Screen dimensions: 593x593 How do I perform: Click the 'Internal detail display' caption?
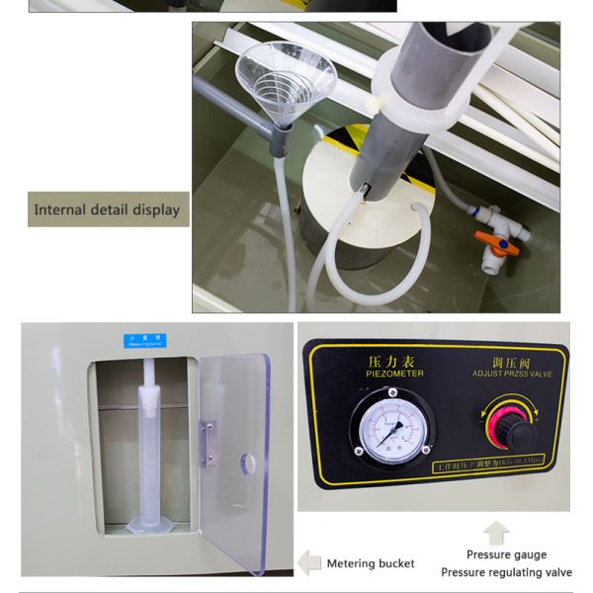(x=107, y=210)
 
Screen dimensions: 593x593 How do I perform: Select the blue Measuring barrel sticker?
(x=145, y=339)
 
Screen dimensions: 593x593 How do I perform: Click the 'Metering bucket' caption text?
(x=371, y=563)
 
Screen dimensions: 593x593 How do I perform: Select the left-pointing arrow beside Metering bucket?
(x=310, y=563)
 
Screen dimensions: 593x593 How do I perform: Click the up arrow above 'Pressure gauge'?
(x=496, y=533)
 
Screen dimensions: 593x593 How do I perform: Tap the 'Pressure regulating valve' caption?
(x=506, y=572)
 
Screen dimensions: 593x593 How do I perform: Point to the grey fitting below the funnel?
(x=279, y=139)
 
